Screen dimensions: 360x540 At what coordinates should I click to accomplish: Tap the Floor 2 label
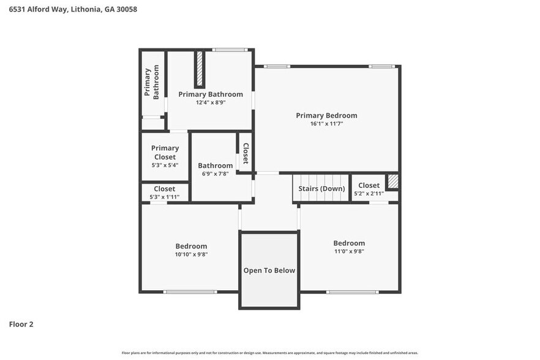tap(21, 324)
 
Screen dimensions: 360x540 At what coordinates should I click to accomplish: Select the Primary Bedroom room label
tap(326, 115)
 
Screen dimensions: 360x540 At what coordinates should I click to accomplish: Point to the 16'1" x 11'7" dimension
tap(326, 124)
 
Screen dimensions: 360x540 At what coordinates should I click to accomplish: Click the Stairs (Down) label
tap(321, 189)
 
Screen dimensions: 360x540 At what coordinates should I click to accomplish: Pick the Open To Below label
tap(269, 270)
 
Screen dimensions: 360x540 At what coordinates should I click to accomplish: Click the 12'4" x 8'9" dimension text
tap(211, 103)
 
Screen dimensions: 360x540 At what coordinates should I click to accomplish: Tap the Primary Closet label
tap(165, 152)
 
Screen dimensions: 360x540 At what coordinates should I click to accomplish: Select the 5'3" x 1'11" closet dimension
tap(164, 197)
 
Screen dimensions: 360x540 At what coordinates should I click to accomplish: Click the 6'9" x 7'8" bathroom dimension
tap(215, 174)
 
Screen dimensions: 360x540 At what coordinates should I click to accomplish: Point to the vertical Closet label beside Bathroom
tap(246, 154)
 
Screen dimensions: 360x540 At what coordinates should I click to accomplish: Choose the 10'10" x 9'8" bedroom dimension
tap(192, 254)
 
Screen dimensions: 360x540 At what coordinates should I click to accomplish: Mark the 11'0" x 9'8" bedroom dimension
tap(349, 251)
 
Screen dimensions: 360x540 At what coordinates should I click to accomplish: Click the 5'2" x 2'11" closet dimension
tap(369, 193)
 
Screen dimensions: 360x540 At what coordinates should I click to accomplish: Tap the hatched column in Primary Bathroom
tap(200, 70)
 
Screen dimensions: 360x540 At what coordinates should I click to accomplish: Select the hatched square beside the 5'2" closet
tap(393, 182)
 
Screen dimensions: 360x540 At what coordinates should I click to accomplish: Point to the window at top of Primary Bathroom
tap(229, 50)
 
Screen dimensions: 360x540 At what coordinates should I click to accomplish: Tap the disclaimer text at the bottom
tap(269, 353)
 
